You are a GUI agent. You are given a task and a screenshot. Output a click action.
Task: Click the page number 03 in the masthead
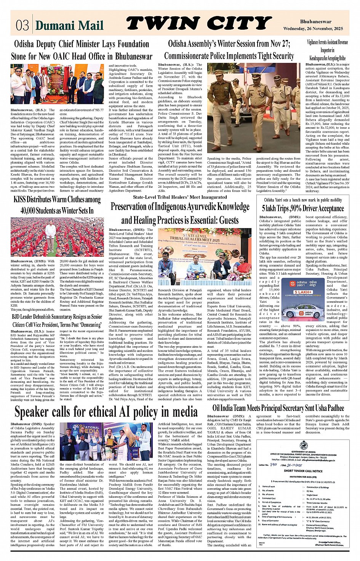[22, 25]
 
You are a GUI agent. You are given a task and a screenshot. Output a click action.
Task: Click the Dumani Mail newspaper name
[69, 26]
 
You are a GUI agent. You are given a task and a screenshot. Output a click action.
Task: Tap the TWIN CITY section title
[199, 24]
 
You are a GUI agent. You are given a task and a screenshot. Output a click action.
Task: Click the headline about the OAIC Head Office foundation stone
[82, 50]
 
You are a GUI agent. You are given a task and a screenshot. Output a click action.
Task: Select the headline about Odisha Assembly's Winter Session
[229, 50]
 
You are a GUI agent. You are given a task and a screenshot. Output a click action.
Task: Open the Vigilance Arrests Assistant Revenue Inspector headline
[327, 50]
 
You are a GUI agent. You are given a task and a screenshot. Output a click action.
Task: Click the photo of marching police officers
[254, 109]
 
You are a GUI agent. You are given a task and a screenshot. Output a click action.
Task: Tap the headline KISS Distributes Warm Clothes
[57, 205]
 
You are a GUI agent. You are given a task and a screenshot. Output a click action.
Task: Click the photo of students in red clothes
[57, 237]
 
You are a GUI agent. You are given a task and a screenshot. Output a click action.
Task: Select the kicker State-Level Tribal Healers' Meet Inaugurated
[180, 197]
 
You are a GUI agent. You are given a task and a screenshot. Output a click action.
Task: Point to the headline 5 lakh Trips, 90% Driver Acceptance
[303, 208]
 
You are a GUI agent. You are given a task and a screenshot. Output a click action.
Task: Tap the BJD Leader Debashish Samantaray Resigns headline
[57, 320]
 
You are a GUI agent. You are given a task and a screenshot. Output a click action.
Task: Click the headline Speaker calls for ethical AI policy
[106, 412]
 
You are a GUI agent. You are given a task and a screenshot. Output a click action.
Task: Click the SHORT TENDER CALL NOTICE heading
[303, 471]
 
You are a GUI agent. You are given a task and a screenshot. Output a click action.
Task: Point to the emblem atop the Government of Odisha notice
[303, 445]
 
